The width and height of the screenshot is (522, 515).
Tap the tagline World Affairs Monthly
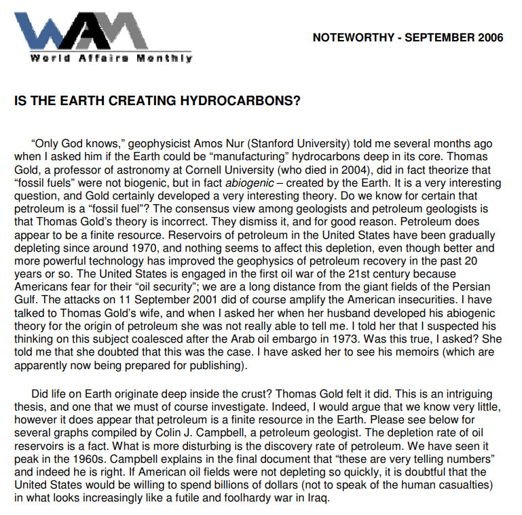point(111,58)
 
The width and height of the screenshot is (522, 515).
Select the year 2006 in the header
point(485,38)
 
